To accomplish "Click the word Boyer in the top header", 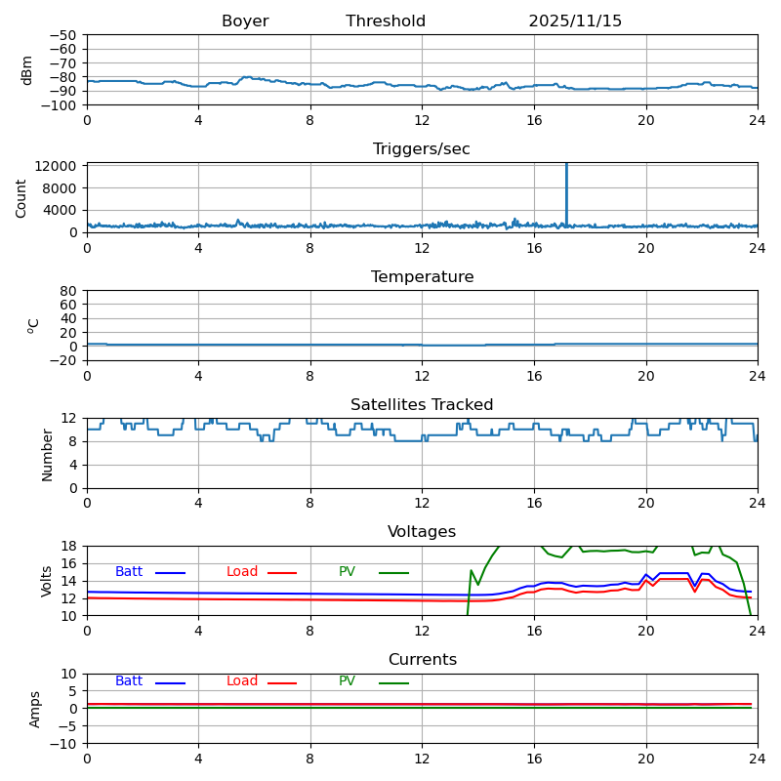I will (x=245, y=21).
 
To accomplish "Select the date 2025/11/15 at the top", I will (x=575, y=21).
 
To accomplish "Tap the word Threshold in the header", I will (x=386, y=21).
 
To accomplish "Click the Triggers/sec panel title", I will (x=422, y=149).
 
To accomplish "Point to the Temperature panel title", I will (x=422, y=277).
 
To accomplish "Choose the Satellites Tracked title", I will (x=422, y=405).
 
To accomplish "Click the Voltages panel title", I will (x=422, y=532).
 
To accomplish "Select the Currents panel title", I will (x=422, y=660).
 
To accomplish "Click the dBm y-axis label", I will (x=27, y=69).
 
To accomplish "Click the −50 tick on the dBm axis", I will (x=64, y=35).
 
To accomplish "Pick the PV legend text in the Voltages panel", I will (x=347, y=572).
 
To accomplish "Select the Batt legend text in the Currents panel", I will (x=128, y=681).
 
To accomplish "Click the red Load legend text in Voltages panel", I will (x=242, y=572).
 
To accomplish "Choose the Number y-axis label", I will (x=47, y=454).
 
